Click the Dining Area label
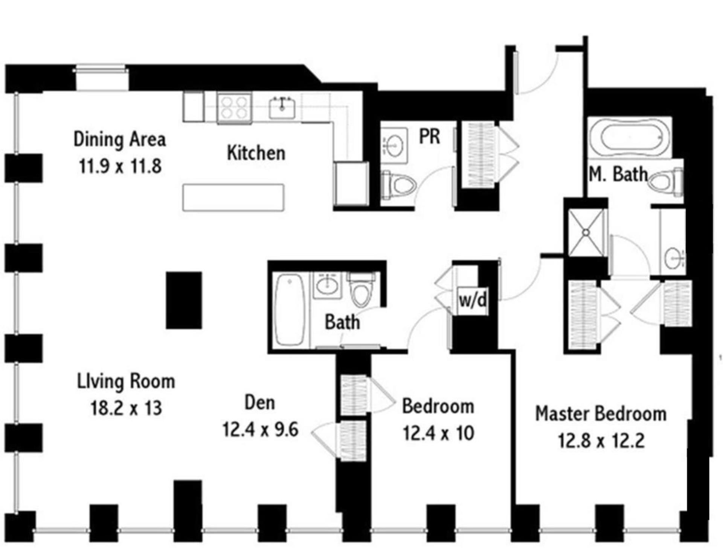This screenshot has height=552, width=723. [120, 139]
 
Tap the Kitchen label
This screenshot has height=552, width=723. [256, 153]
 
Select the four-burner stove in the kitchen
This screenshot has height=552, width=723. [234, 108]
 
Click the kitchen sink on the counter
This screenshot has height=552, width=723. [282, 108]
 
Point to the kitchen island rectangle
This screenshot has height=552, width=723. [233, 198]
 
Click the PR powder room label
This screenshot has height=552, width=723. [430, 136]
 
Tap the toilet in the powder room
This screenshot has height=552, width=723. [398, 185]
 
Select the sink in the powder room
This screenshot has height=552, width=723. [394, 144]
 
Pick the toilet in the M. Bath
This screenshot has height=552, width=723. [666, 182]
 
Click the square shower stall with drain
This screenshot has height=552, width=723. [586, 233]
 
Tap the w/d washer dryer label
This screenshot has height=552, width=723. [473, 300]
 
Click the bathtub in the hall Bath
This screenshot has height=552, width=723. [290, 309]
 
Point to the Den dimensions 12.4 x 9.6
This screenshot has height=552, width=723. [261, 429]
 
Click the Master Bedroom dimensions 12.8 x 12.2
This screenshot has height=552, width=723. [601, 441]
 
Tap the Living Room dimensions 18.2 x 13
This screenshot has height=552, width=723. [126, 408]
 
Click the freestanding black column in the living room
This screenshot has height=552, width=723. [184, 300]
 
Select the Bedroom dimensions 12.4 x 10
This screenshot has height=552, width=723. [438, 433]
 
